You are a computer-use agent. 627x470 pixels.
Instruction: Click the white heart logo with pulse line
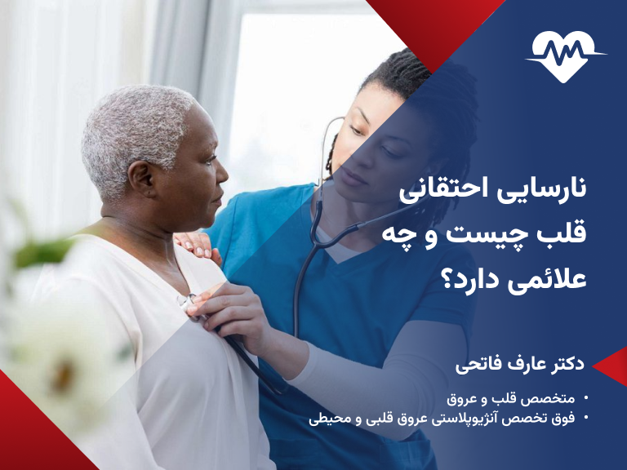[x=566, y=55]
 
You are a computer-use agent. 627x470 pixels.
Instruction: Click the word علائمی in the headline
[x=548, y=280]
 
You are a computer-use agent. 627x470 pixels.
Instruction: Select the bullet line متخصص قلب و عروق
[x=511, y=400]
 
